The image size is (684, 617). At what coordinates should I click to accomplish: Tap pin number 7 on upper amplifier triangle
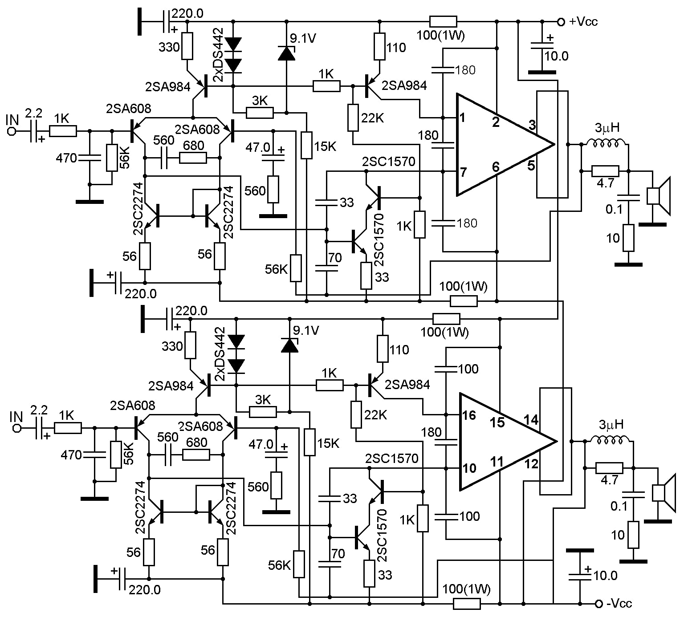pos(464,171)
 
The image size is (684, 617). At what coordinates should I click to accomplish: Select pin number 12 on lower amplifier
pos(531,463)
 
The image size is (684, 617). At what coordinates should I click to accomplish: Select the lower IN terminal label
pos(16,416)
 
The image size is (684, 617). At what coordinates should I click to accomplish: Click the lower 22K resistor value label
pos(375,415)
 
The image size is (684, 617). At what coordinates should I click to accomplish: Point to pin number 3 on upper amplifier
pos(532,125)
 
